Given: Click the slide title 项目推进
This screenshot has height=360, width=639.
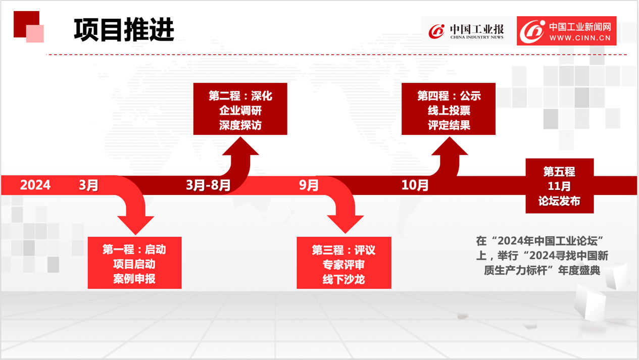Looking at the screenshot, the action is [x=124, y=29].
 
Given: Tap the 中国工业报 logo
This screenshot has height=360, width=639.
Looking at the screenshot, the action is [x=466, y=31].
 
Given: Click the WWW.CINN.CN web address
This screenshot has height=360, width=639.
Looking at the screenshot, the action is [x=580, y=38].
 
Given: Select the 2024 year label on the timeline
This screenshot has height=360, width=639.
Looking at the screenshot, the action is [x=35, y=185].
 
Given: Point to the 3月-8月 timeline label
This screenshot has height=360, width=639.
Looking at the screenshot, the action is [x=208, y=185].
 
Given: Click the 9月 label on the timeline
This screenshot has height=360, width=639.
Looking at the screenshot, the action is [x=309, y=185].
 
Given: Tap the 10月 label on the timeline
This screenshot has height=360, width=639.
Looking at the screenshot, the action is [x=415, y=185].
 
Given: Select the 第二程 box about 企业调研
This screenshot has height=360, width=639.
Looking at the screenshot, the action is [x=240, y=109].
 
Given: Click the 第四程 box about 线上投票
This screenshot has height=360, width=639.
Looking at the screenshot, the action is [x=449, y=109].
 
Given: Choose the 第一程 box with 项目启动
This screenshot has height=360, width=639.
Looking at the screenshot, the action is [x=135, y=263].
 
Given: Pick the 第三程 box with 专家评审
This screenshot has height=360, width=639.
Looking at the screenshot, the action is [x=344, y=263].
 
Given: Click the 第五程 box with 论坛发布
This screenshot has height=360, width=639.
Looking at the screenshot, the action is [x=560, y=186].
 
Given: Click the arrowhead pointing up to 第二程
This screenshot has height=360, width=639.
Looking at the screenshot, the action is [x=240, y=146].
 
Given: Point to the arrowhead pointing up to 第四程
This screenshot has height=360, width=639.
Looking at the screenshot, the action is [x=450, y=146].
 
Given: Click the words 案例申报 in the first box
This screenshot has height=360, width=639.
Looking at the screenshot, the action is [x=134, y=279].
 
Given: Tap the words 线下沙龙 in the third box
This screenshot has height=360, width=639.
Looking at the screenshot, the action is [x=344, y=279].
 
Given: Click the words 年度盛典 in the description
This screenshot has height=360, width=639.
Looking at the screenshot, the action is [x=579, y=270].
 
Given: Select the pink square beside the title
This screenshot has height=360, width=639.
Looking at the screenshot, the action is [x=35, y=34].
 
